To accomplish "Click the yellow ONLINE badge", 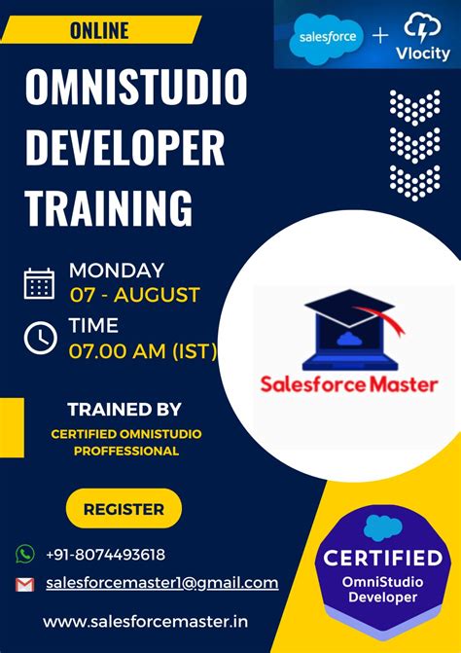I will coord(98,30).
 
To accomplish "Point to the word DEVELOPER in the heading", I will coord(124,149).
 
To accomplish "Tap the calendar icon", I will coord(39,283).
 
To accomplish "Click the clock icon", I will coord(39,338).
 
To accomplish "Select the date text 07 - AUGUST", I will coord(134,294).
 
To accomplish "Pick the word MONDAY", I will coord(116,271).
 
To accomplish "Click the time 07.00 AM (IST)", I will coord(142,350).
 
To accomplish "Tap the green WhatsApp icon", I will coord(24,554).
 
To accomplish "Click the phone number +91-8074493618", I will coord(105,555).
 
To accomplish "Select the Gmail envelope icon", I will coord(24,584).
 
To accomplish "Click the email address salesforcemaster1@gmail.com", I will coord(161,583).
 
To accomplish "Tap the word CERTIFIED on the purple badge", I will coord(382,559).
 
